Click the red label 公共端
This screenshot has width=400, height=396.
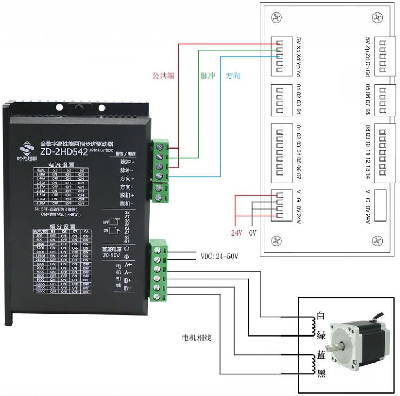[163, 76]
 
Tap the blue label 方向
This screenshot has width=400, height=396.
[233, 76]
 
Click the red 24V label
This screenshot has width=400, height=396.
[236, 233]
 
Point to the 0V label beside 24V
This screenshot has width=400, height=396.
[252, 233]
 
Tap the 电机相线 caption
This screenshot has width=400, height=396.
[196, 338]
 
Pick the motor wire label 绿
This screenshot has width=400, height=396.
[320, 334]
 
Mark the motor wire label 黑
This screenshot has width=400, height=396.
[320, 373]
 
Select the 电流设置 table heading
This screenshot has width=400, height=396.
[61, 165]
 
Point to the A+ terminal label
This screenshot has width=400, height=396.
[128, 265]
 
